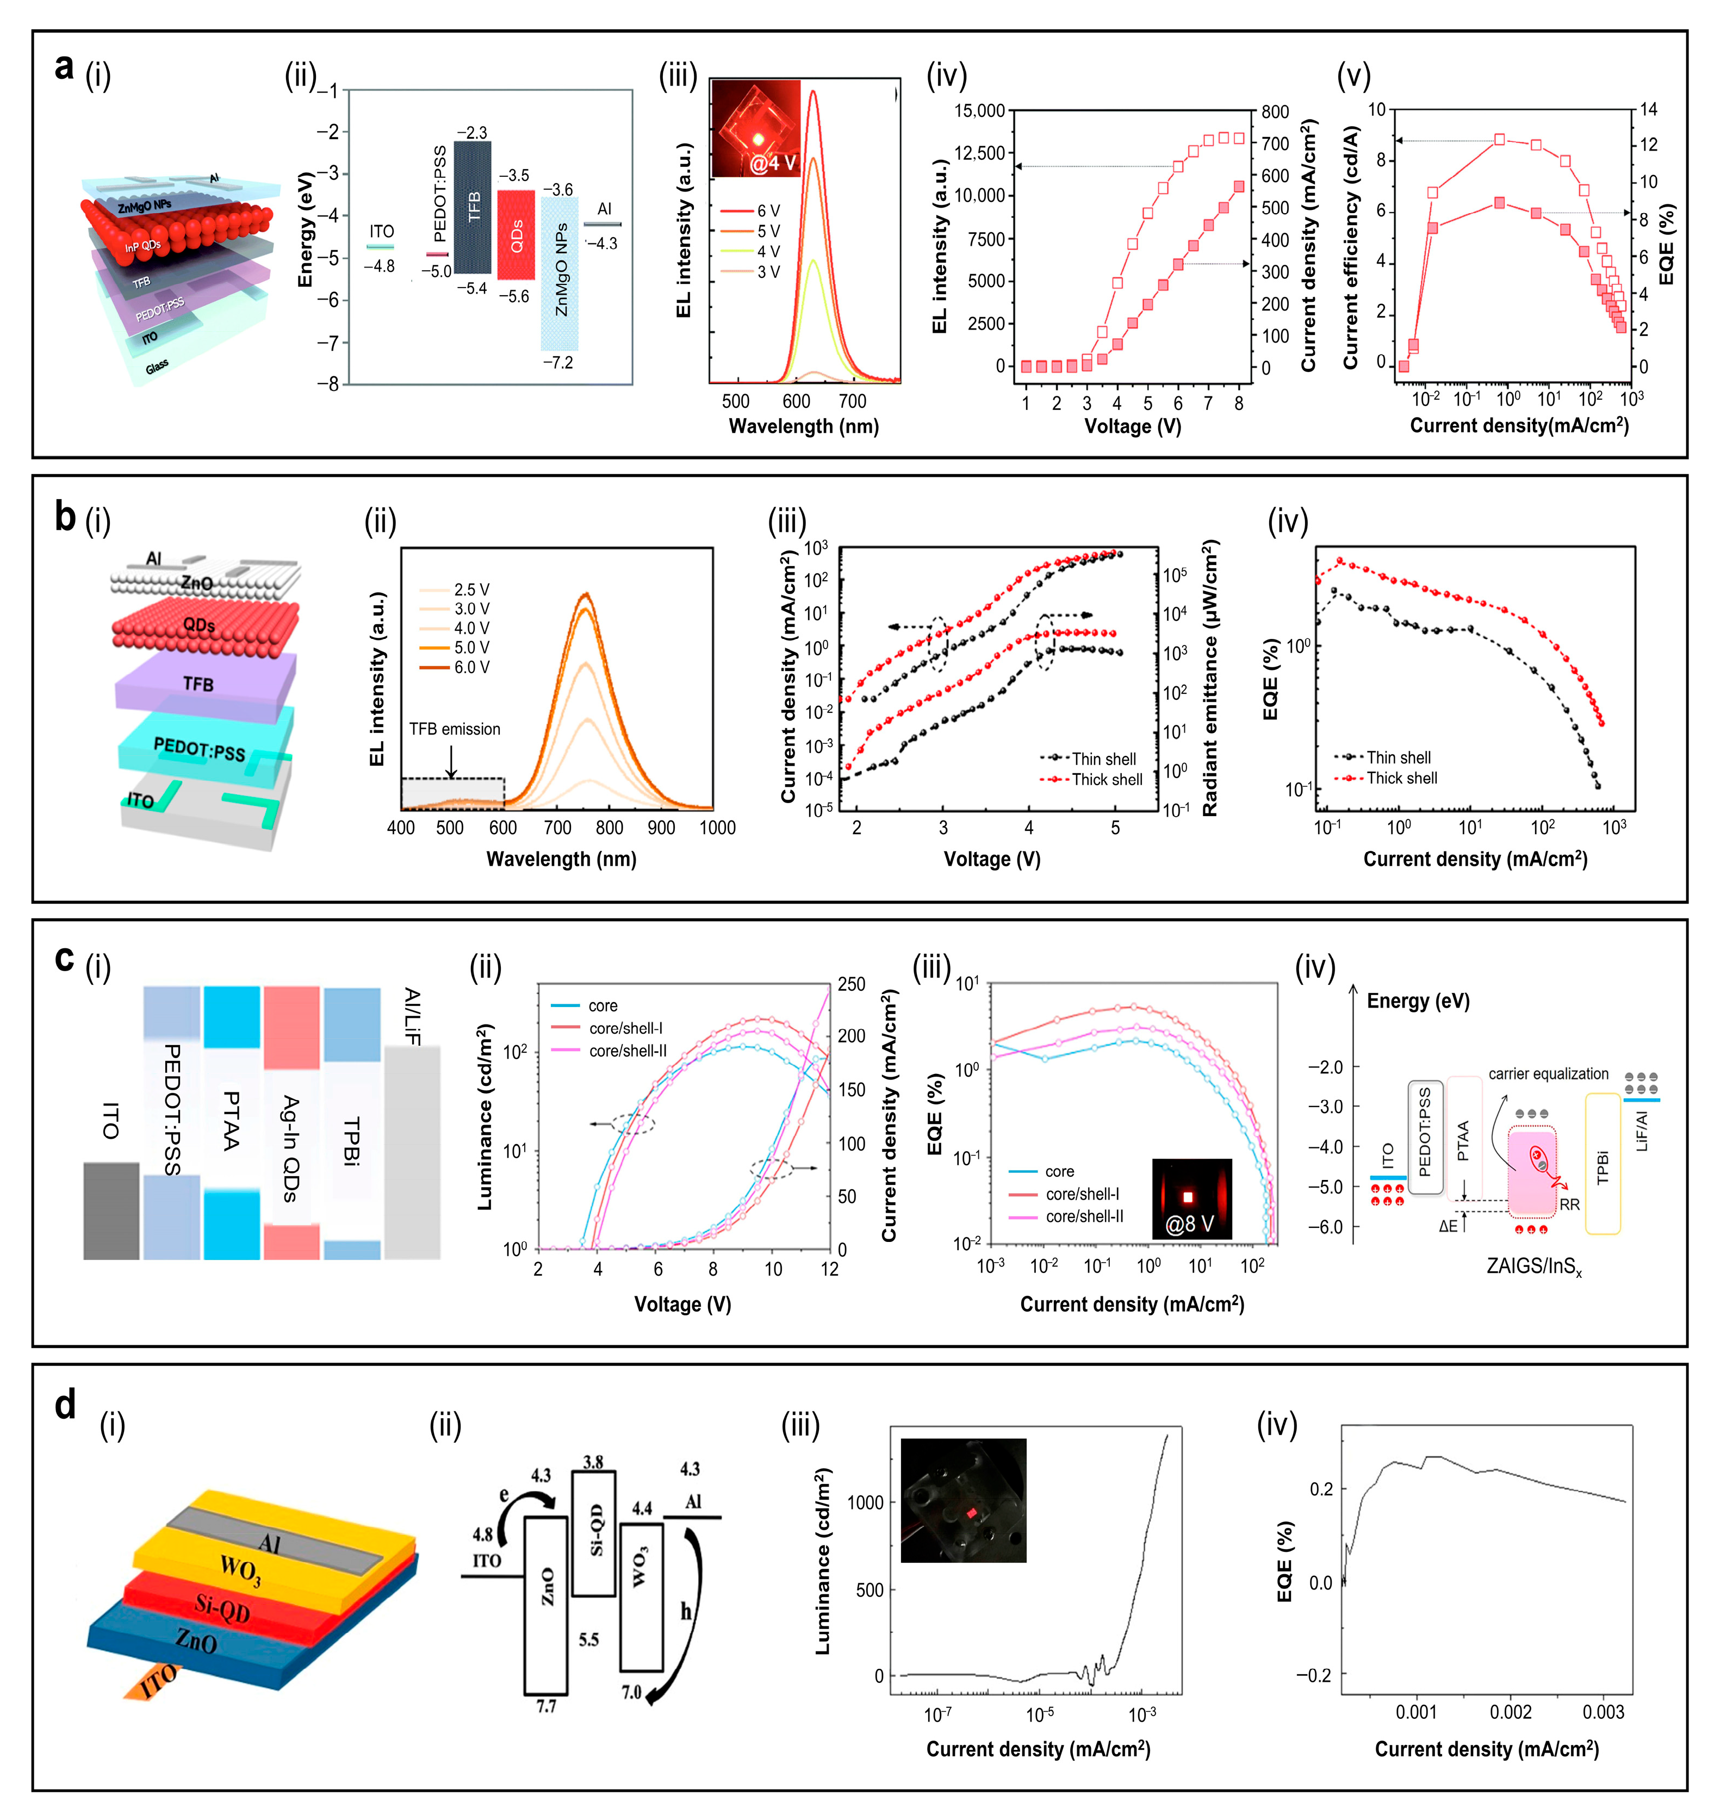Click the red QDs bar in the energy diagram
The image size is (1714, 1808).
pos(516,235)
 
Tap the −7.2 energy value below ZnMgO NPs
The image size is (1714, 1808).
pos(558,363)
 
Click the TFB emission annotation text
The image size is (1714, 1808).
pos(454,729)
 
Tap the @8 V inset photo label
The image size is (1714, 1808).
pos(1190,1223)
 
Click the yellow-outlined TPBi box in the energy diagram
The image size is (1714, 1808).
pos(1603,1164)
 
